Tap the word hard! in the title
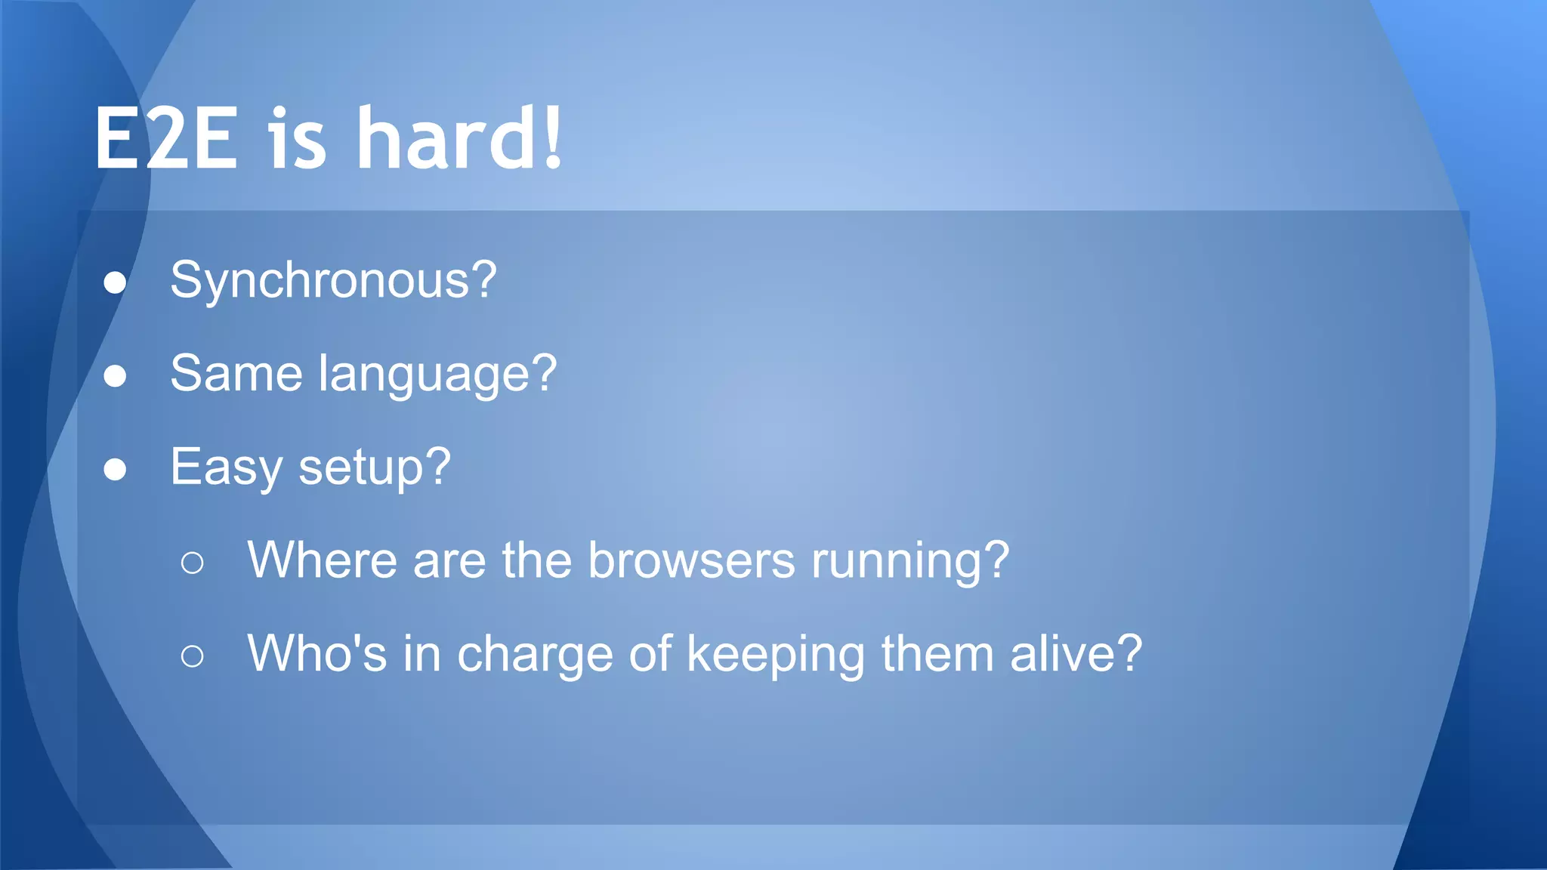tap(459, 139)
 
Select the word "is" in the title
tap(298, 139)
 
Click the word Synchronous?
tap(333, 281)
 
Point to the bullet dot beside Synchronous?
tap(115, 282)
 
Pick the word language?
tap(437, 375)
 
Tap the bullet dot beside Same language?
tap(115, 375)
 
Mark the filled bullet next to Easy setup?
tap(115, 469)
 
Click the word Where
tap(322, 560)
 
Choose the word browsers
tap(691, 560)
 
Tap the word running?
tap(909, 562)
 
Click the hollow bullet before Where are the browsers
tap(193, 563)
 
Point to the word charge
tap(535, 655)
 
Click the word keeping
tap(775, 655)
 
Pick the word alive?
tap(1076, 653)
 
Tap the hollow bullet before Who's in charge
tap(193, 656)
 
